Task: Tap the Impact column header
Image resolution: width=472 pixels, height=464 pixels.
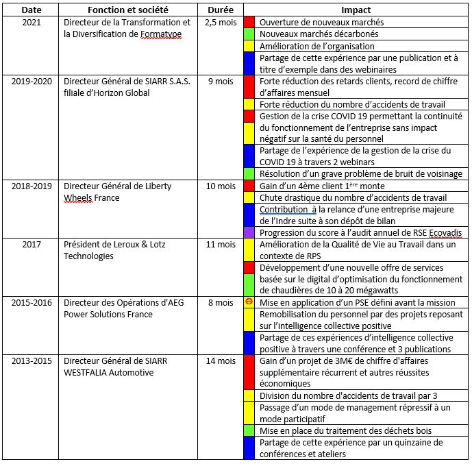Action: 356,10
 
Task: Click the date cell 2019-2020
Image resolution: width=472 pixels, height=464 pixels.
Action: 32,81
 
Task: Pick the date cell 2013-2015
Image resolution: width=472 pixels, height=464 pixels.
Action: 32,361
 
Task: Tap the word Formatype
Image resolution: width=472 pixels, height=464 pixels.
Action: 162,34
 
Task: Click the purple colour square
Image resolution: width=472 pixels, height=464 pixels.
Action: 249,232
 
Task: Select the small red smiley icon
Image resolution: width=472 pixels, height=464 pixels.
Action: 249,302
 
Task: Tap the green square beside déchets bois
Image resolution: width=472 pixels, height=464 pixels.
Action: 249,430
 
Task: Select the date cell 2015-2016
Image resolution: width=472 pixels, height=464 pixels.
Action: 32,302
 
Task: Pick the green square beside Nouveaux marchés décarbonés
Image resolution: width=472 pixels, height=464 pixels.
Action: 249,34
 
